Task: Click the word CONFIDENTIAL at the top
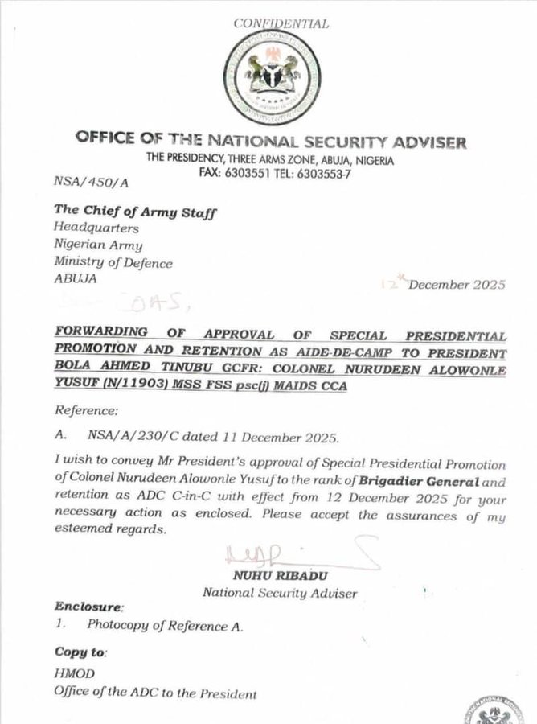(x=281, y=23)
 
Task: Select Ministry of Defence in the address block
(x=113, y=263)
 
